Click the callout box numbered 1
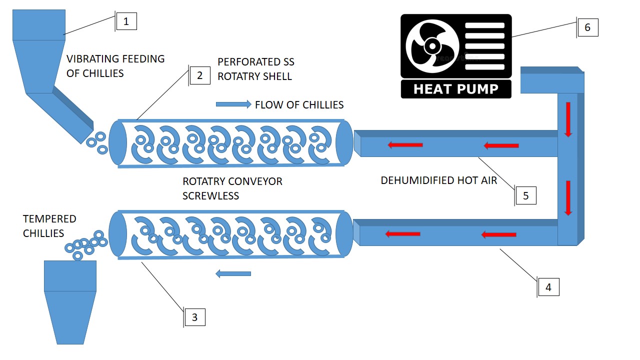tap(126, 21)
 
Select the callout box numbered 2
tap(200, 75)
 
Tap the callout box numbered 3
tap(195, 317)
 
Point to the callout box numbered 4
tap(548, 287)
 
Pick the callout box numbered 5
tap(526, 195)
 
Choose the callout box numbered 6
tap(587, 27)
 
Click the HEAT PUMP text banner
tap(456, 89)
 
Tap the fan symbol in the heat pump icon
tap(431, 46)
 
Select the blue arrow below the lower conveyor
tap(233, 273)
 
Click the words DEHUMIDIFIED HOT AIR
tap(439, 180)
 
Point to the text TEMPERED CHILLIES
tap(49, 226)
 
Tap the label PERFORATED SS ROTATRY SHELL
tap(256, 69)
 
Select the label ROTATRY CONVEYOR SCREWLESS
tap(232, 188)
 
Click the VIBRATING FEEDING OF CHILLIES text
tap(115, 66)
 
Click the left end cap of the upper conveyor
tap(118, 142)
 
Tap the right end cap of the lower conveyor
tap(344, 234)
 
